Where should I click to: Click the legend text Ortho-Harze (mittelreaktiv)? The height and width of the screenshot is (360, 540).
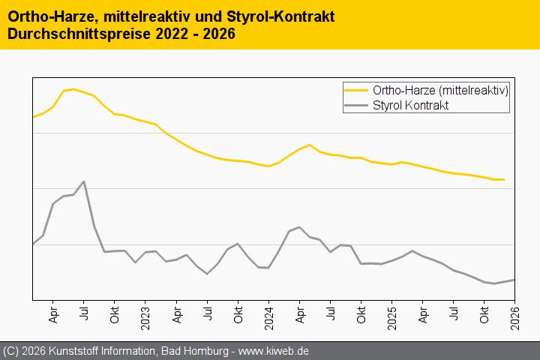441,91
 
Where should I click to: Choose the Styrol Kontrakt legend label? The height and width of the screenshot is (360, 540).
410,106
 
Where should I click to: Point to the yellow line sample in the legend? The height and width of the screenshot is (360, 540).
356,91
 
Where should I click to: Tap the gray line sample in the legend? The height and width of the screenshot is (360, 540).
356,106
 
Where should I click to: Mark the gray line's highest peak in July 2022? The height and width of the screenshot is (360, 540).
84,181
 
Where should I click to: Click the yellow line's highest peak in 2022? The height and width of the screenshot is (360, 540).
73,89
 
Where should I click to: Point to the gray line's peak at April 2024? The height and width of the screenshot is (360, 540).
299,226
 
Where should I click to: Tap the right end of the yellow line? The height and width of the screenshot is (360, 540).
504,180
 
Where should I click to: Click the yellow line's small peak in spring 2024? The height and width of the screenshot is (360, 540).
310,145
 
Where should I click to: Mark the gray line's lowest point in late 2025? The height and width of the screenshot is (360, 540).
494,283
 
